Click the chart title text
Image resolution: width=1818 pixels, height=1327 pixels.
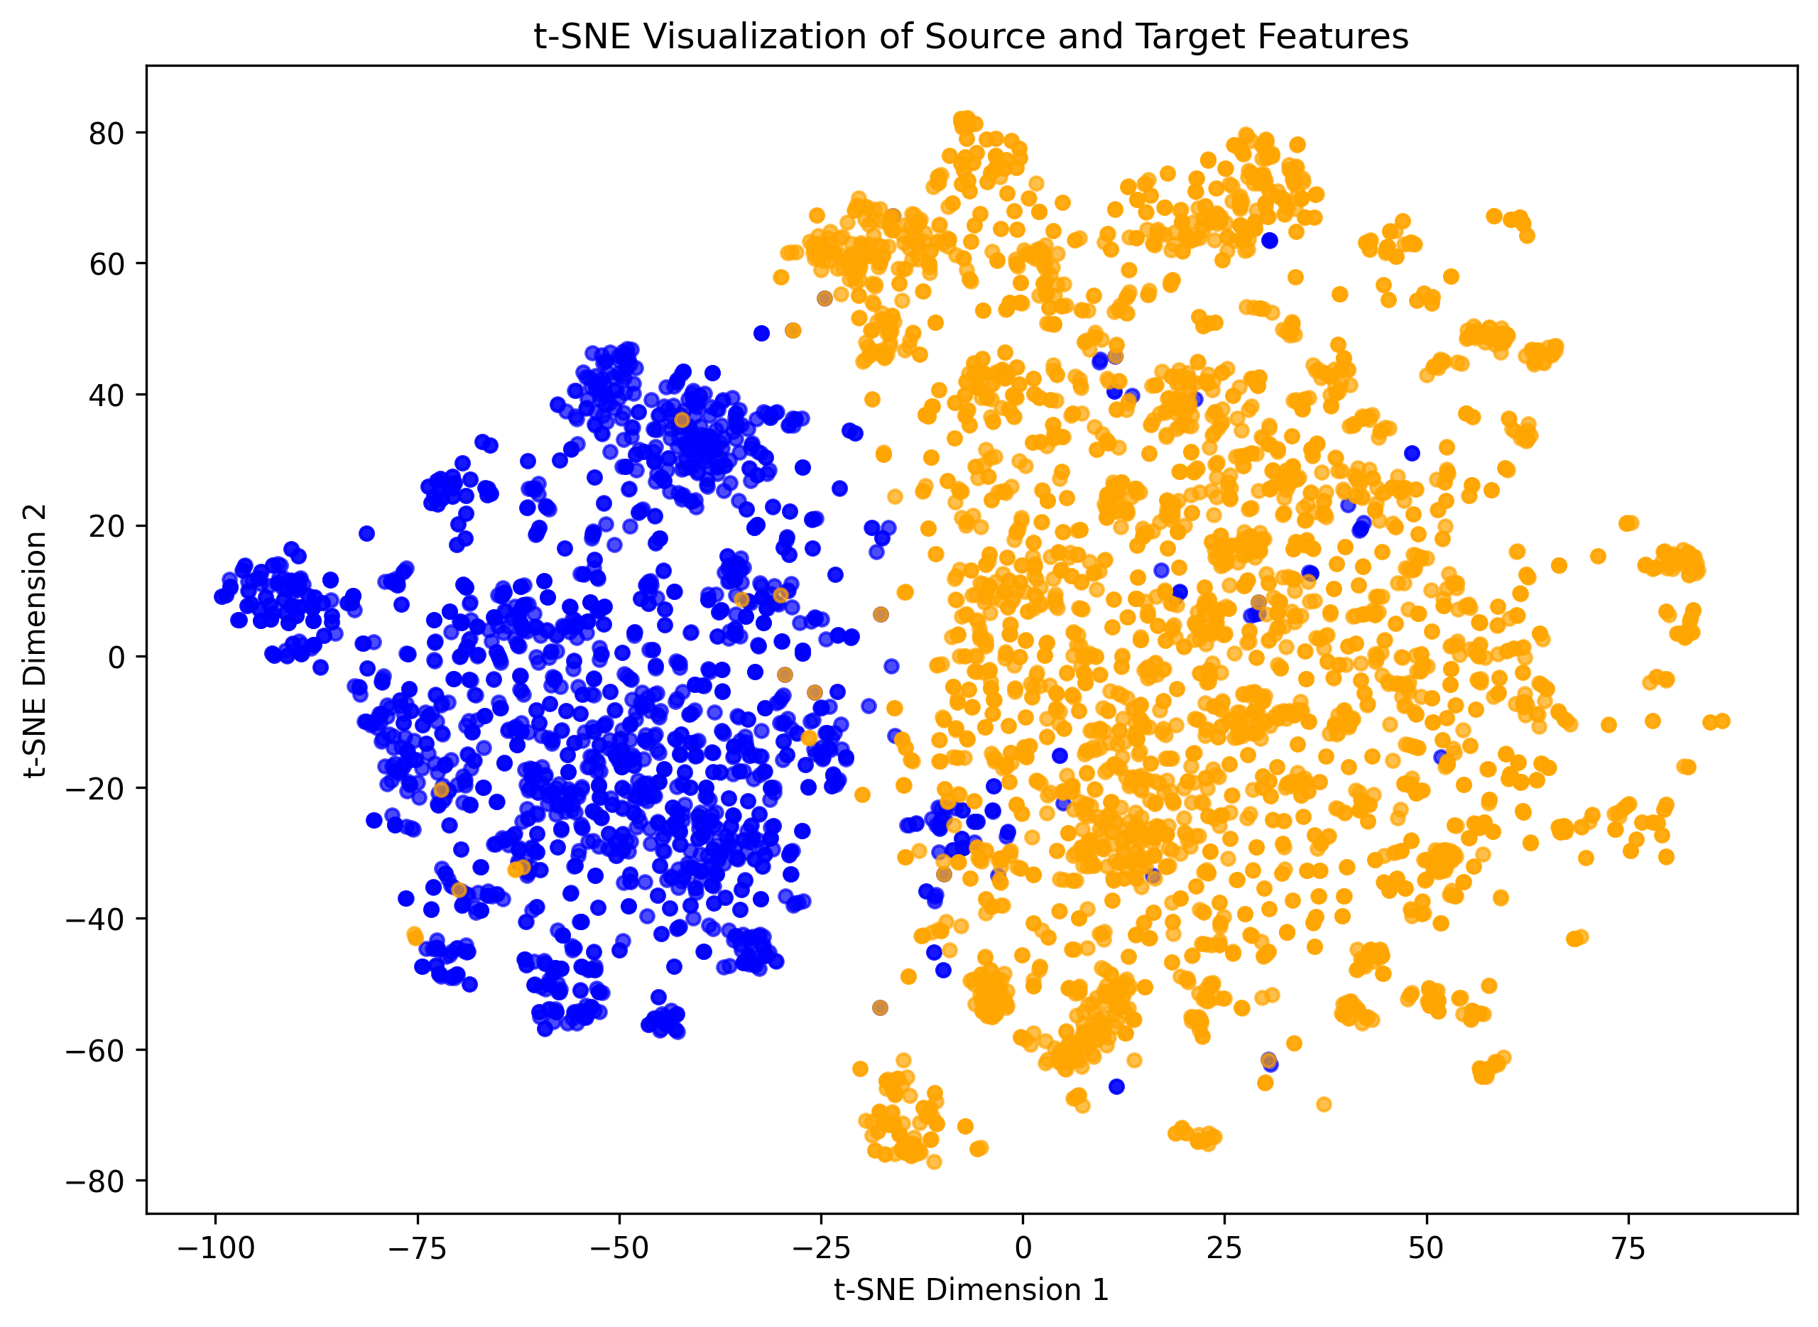coord(971,37)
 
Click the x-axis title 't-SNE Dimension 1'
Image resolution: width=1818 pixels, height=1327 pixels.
coord(971,1289)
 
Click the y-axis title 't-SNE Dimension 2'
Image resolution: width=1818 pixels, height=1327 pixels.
coord(36,641)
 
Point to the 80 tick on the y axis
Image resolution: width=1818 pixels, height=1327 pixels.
coord(106,133)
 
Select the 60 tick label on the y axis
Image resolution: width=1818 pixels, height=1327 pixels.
coord(106,264)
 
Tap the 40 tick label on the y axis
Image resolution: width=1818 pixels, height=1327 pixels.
coord(106,395)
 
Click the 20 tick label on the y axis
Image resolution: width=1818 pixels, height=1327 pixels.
coord(106,526)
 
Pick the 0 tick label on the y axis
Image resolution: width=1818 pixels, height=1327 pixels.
coord(116,657)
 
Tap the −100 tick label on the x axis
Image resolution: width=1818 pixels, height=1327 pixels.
coord(215,1247)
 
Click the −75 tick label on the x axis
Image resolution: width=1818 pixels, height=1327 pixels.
coord(418,1247)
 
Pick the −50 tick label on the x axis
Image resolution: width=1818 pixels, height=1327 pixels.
coord(619,1247)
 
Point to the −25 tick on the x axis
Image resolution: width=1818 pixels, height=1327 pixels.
coord(821,1247)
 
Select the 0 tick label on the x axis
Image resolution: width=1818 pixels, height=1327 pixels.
coord(1023,1247)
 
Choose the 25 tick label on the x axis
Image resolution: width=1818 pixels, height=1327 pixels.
coord(1224,1247)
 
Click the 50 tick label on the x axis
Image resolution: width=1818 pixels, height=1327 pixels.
coord(1426,1247)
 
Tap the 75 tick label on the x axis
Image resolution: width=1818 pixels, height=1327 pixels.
coord(1628,1247)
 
